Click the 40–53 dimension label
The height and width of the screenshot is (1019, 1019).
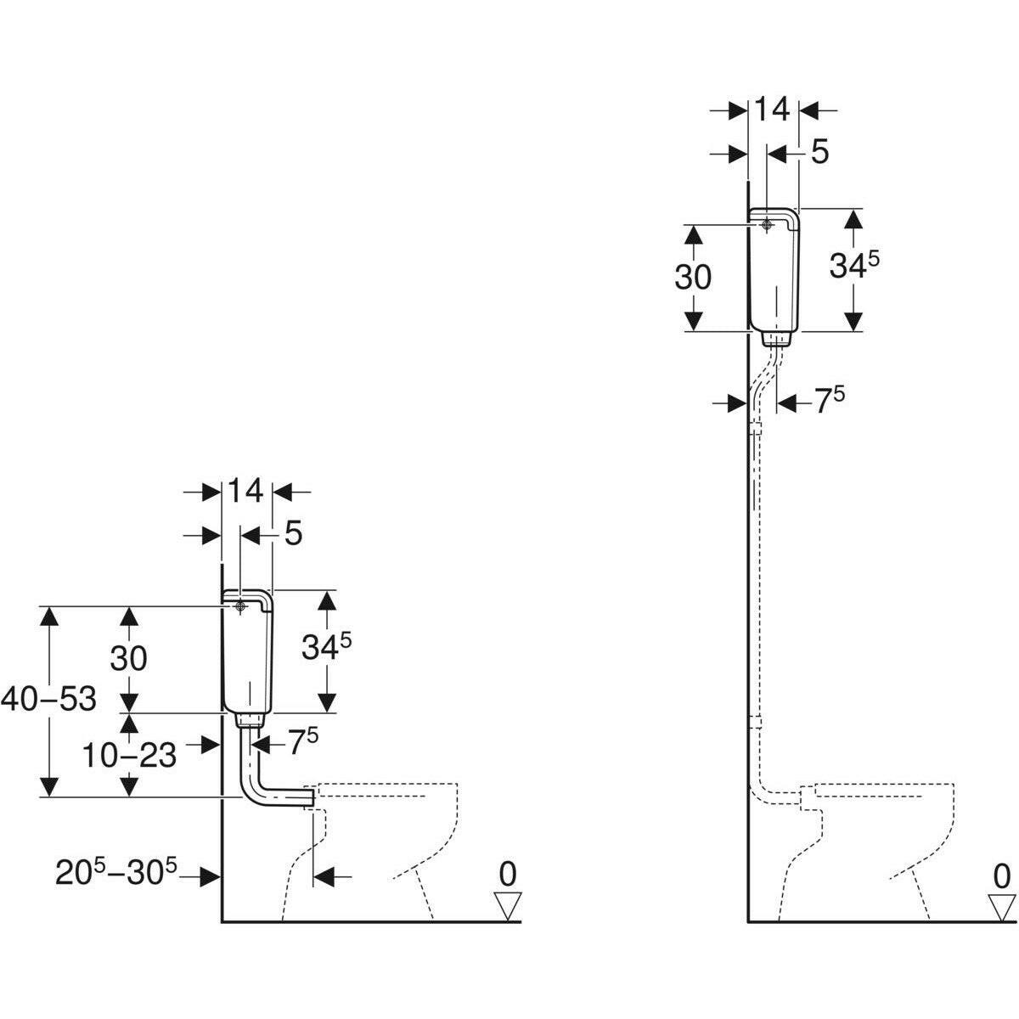(x=48, y=700)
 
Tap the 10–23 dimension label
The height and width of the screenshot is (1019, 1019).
(x=129, y=754)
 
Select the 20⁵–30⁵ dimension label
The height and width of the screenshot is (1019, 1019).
(x=117, y=873)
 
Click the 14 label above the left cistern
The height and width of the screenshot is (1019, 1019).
(x=245, y=491)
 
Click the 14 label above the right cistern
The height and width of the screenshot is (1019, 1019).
(x=772, y=109)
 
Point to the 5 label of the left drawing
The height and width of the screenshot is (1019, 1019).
(x=293, y=534)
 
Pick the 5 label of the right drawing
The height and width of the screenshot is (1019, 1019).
(x=819, y=153)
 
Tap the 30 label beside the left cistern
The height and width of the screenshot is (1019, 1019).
(x=128, y=658)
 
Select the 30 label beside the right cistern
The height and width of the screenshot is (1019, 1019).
(x=693, y=277)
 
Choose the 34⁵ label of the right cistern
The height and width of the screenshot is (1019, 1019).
(x=853, y=267)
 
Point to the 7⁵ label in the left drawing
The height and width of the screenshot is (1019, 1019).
(x=302, y=743)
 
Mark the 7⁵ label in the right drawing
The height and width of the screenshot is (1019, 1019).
(x=829, y=402)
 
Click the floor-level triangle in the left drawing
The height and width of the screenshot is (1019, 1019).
(x=508, y=906)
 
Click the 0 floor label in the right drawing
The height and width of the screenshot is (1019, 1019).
(x=1002, y=875)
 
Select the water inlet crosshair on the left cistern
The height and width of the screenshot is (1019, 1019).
(x=240, y=606)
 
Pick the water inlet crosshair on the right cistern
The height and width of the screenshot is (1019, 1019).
(x=767, y=225)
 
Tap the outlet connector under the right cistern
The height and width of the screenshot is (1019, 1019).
(x=774, y=339)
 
